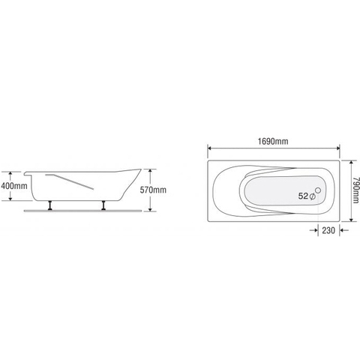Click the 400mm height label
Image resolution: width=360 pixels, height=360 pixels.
[x=14, y=185]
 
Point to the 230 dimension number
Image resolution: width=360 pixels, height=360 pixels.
[x=328, y=231]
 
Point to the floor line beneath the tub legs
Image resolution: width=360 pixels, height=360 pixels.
[x=82, y=210]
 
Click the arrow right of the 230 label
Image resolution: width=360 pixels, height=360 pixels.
[x=344, y=231]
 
